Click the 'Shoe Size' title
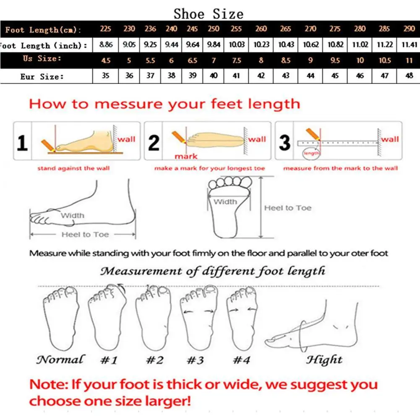209,13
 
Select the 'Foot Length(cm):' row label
43,30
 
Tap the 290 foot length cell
409,29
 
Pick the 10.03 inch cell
237,44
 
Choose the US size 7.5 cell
237,60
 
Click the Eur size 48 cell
409,76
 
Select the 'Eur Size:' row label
42,77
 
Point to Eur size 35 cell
106,76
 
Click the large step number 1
22,143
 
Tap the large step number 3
285,143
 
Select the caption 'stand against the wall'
73,168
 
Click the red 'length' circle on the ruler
311,154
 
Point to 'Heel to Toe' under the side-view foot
85,235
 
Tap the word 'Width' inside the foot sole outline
225,202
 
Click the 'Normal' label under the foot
60,360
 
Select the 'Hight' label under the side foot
324,360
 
